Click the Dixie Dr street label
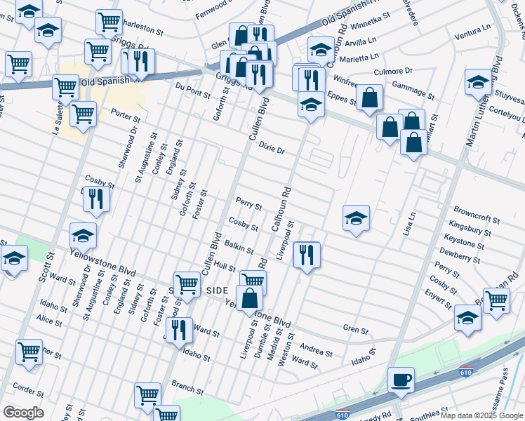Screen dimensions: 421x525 [x=272, y=149]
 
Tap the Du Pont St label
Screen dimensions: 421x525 [x=193, y=90]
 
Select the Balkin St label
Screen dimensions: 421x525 [x=239, y=247]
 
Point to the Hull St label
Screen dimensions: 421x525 [x=225, y=267]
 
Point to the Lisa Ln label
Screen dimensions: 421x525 [x=408, y=224]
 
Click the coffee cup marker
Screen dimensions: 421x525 [x=401, y=379]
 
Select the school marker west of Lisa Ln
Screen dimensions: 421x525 [x=357, y=218]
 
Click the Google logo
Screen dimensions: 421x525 [x=23, y=413]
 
